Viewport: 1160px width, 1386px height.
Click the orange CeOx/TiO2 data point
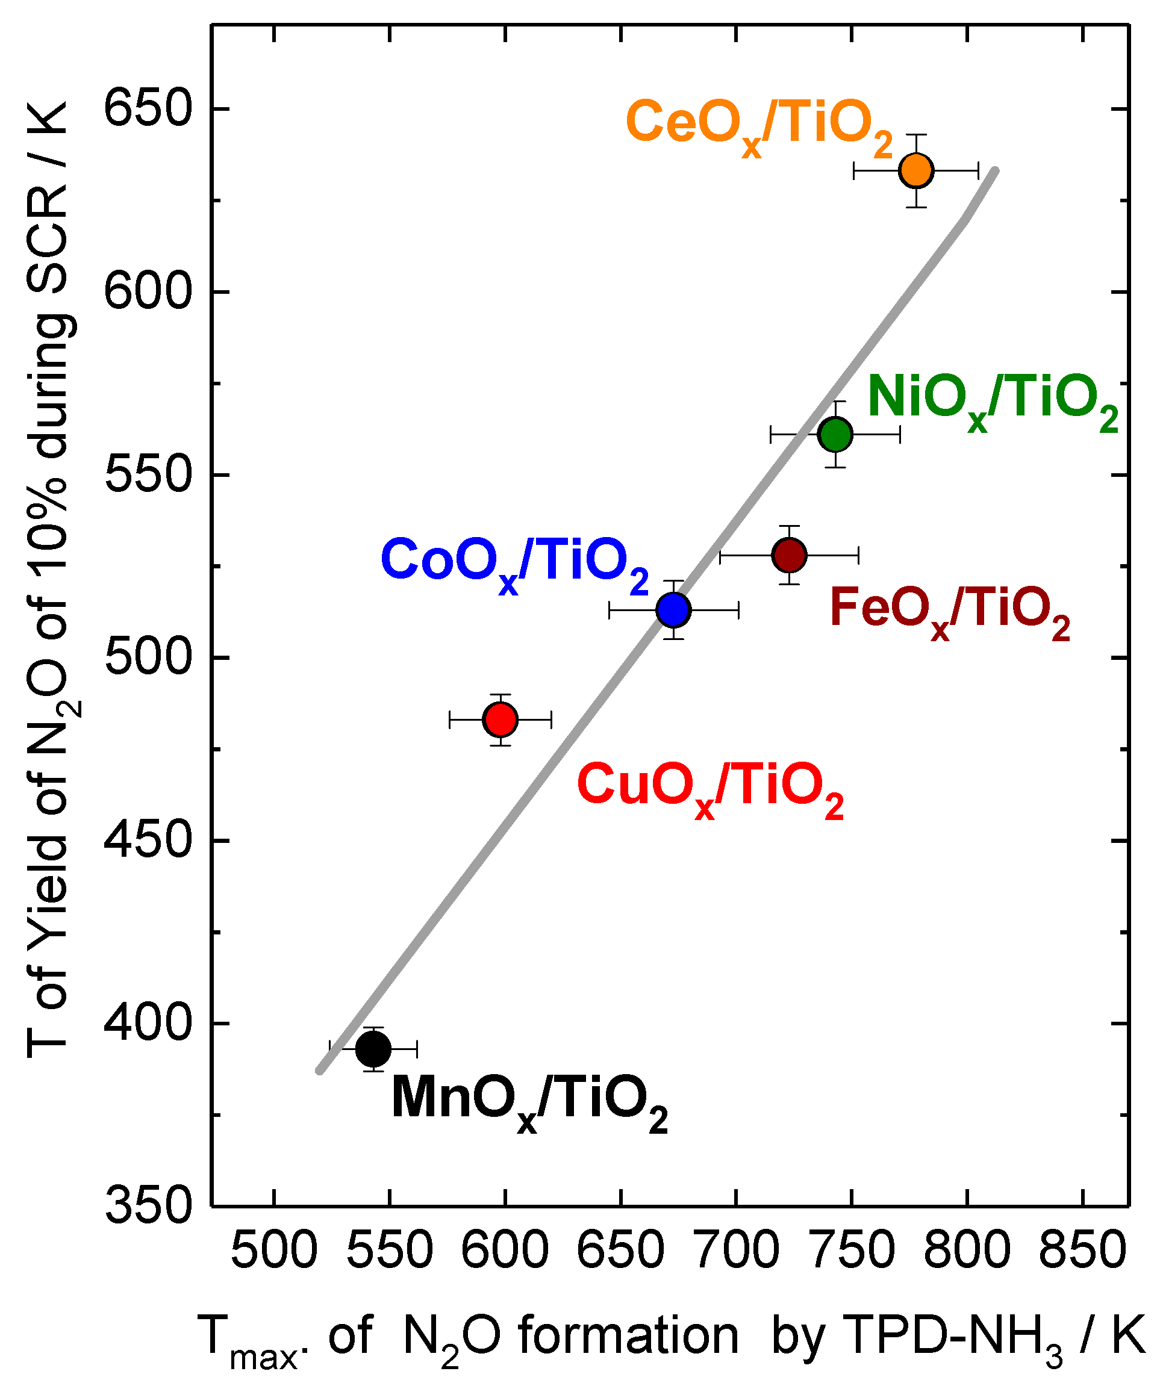pos(915,171)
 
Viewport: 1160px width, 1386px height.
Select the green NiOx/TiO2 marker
pos(835,434)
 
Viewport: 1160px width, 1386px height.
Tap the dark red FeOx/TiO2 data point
pos(789,555)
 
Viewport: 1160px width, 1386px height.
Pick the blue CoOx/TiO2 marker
pos(673,610)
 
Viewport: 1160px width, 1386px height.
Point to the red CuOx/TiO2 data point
pos(500,719)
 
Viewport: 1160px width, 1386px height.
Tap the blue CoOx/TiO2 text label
pos(514,565)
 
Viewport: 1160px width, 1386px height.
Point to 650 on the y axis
pos(148,108)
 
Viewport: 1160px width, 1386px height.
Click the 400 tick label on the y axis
pos(148,1023)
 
